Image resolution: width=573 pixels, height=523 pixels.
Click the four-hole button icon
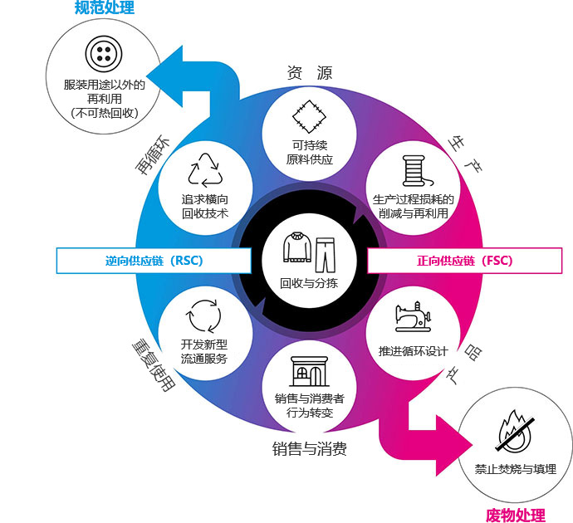pyautogui.click(x=104, y=54)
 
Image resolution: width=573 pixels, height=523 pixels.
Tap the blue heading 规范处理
pyautogui.click(x=105, y=7)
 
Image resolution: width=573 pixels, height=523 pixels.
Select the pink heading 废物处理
pyautogui.click(x=515, y=516)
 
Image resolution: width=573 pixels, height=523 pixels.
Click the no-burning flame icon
pyautogui.click(x=514, y=432)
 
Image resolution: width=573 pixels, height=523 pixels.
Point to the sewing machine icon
pyautogui.click(x=413, y=316)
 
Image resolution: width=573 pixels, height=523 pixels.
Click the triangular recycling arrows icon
pyautogui.click(x=205, y=170)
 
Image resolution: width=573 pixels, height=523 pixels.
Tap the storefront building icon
pyautogui.click(x=309, y=371)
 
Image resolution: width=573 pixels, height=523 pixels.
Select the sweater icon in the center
pyautogui.click(x=296, y=247)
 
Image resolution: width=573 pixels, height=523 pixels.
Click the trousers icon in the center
pyautogui.click(x=326, y=255)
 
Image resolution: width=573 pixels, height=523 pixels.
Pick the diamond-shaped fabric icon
pyautogui.click(x=309, y=116)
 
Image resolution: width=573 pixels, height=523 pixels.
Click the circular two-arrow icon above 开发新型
pyautogui.click(x=204, y=316)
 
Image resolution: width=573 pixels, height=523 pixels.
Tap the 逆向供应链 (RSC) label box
pyautogui.click(x=154, y=261)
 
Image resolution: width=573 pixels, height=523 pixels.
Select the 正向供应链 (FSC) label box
pyautogui.click(x=464, y=261)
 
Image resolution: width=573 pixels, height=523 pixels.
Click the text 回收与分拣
pyautogui.click(x=309, y=283)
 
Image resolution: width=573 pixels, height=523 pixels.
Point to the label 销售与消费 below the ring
pyautogui.click(x=309, y=448)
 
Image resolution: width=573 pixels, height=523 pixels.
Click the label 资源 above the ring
pyautogui.click(x=309, y=73)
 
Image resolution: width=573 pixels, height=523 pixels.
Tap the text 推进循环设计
pyautogui.click(x=413, y=351)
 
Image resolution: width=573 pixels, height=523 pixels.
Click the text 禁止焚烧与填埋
pyautogui.click(x=515, y=469)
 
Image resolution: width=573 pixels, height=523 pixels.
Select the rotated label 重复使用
pyautogui.click(x=154, y=366)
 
